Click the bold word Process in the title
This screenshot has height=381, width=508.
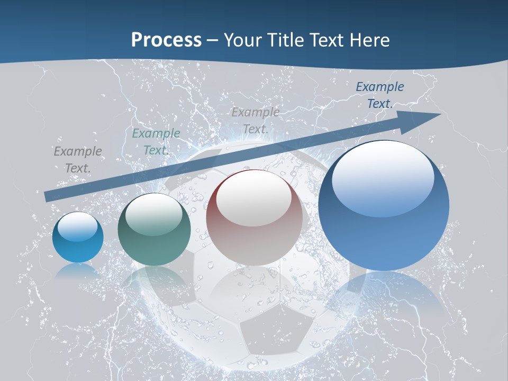point(166,40)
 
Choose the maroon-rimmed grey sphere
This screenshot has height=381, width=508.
point(254,218)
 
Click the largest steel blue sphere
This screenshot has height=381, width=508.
point(384,206)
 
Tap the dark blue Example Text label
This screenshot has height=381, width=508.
point(379,95)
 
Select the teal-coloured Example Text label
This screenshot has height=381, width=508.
point(156,142)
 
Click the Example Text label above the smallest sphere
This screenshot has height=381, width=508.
point(78,160)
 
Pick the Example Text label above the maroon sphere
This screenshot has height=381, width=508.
point(256,120)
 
